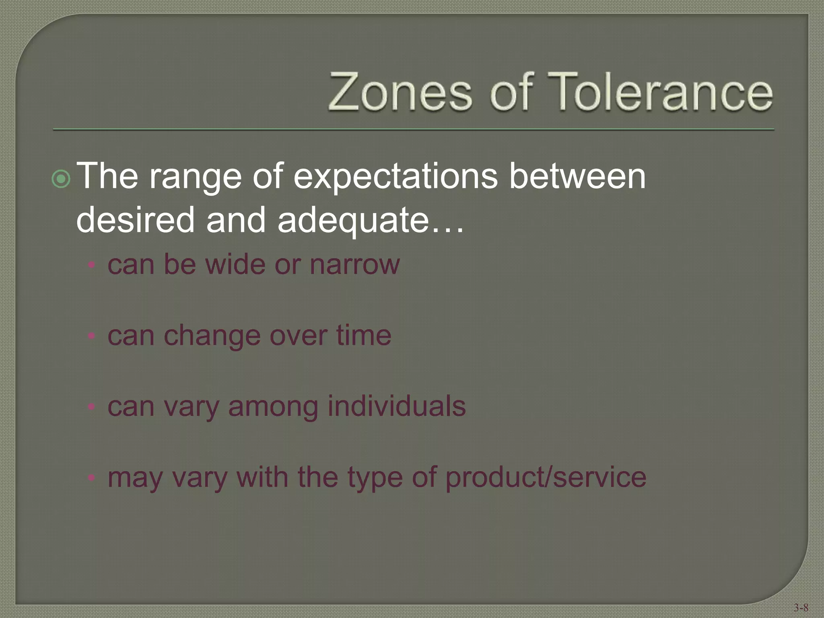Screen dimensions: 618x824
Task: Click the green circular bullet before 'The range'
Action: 62,179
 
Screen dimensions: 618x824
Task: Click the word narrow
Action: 355,265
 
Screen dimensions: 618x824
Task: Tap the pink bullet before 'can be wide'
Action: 92,265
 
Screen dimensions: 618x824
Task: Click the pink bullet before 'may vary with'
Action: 92,478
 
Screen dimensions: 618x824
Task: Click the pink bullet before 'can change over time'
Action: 92,336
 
